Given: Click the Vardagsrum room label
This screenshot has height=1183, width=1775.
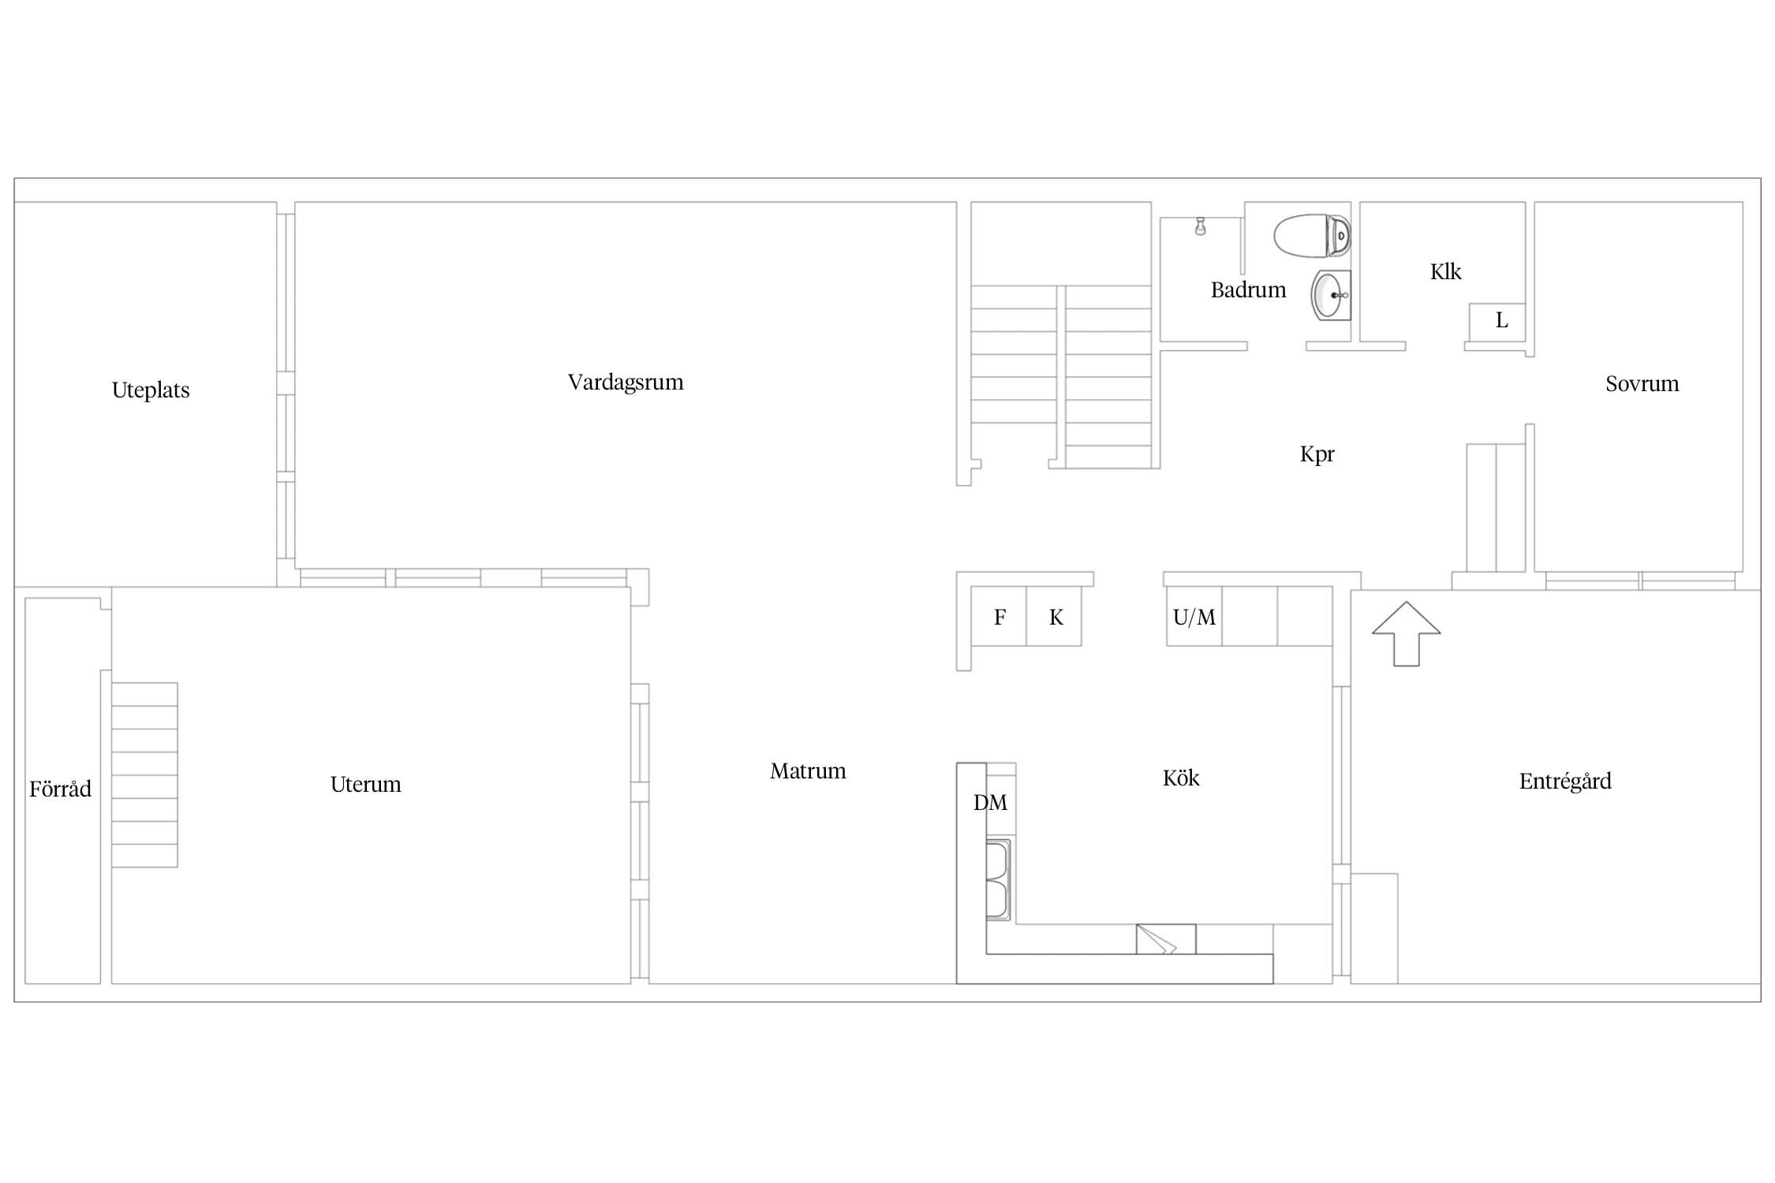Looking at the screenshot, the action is pyautogui.click(x=626, y=383).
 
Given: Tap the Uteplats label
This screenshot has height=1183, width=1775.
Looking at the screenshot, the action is pyautogui.click(x=151, y=390).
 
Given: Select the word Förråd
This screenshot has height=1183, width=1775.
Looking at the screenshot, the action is pyautogui.click(x=60, y=789).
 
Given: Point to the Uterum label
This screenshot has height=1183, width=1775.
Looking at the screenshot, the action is pyautogui.click(x=365, y=784).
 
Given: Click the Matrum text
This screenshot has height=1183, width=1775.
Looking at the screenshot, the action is pyautogui.click(x=808, y=771).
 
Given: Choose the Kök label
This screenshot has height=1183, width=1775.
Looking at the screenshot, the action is pyautogui.click(x=1181, y=778).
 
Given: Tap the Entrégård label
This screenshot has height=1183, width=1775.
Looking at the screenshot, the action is pyautogui.click(x=1565, y=782).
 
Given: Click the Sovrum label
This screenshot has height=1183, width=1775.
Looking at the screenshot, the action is pyautogui.click(x=1642, y=384).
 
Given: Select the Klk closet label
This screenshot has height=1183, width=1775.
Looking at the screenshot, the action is pyautogui.click(x=1445, y=272).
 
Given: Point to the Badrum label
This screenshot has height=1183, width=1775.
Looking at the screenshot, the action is pyautogui.click(x=1248, y=290).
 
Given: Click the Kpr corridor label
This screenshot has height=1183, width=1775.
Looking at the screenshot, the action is pyautogui.click(x=1317, y=454).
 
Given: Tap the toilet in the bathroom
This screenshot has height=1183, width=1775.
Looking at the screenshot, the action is pyautogui.click(x=1312, y=236).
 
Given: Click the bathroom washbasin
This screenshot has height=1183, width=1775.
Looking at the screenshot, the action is pyautogui.click(x=1331, y=295).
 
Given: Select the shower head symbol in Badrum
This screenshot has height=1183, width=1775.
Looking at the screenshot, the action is pyautogui.click(x=1200, y=226).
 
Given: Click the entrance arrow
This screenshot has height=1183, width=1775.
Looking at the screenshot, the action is pyautogui.click(x=1406, y=634).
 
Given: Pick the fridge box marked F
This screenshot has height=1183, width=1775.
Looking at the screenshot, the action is pyautogui.click(x=999, y=617).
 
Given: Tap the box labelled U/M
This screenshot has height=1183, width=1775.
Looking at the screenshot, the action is pyautogui.click(x=1194, y=617).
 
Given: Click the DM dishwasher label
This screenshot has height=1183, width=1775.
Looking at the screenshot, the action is pyautogui.click(x=990, y=803).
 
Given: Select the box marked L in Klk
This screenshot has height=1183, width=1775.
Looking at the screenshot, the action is pyautogui.click(x=1497, y=322).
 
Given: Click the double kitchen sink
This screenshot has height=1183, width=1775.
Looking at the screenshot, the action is pyautogui.click(x=997, y=880).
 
